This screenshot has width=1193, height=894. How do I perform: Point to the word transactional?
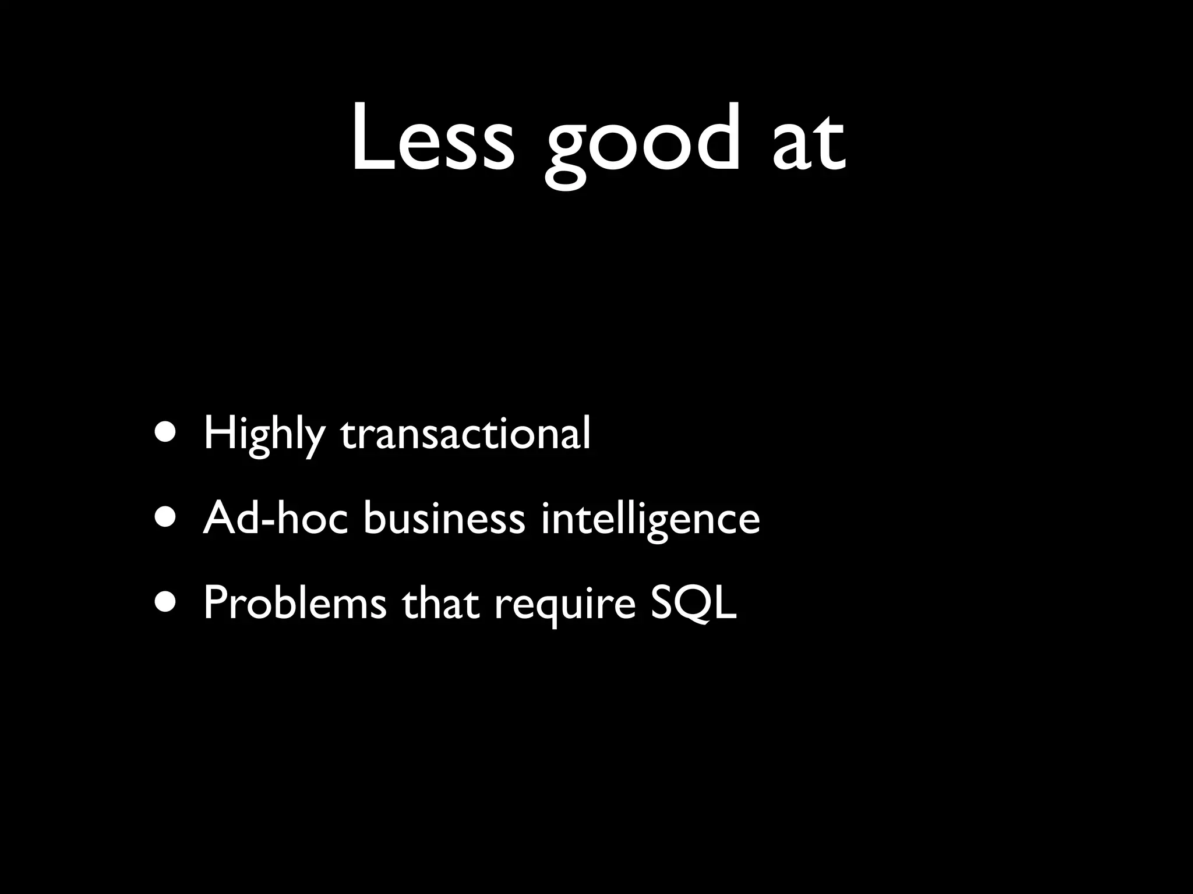pos(465,434)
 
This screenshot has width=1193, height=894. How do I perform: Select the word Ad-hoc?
pos(276,517)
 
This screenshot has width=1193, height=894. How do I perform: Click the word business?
pos(444,517)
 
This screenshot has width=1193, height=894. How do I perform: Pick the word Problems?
pos(295,603)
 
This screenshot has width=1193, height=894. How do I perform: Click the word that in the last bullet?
pos(440,603)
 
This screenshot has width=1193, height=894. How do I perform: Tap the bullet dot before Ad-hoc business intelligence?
pos(164,519)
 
